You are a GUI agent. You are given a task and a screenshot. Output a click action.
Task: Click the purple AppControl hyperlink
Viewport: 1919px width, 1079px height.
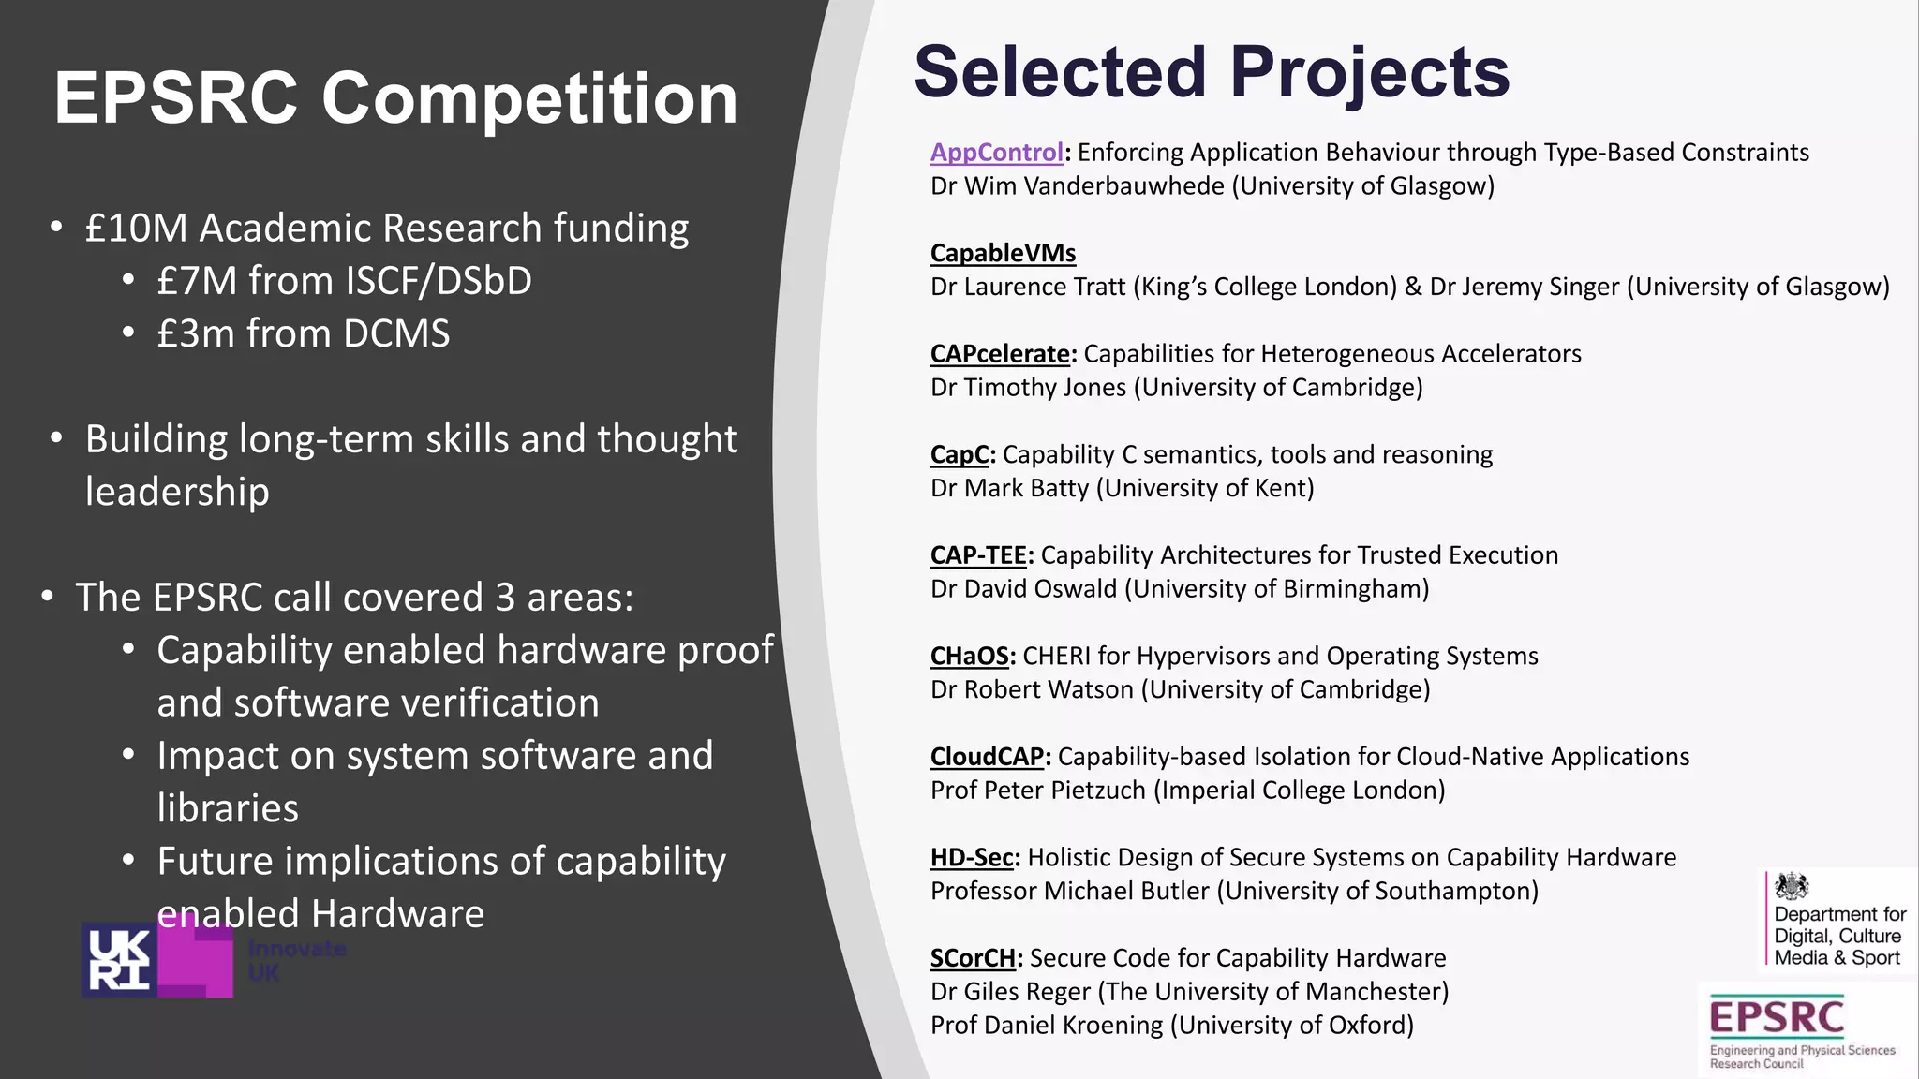click(996, 153)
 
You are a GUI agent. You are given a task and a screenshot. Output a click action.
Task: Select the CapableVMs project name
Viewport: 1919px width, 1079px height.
click(1003, 253)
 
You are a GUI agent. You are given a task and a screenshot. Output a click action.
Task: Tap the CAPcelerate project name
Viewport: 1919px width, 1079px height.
click(999, 354)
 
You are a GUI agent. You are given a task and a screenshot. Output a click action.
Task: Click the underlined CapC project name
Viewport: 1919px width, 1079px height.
click(959, 454)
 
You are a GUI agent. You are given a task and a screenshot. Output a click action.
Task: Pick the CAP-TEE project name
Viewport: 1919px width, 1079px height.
click(978, 555)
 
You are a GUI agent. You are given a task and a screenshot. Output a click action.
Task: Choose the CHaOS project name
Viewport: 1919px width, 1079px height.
click(969, 656)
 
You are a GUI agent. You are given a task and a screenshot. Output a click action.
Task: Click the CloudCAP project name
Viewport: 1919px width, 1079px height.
click(987, 757)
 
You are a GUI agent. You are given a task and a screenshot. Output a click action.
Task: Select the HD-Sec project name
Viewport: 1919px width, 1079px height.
click(972, 857)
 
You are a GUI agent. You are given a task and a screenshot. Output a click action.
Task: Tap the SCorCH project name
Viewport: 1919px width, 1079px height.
click(973, 958)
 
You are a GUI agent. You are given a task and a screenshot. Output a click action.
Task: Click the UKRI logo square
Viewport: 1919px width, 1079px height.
click(119, 960)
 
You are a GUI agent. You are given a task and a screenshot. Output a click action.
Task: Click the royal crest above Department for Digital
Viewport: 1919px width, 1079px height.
click(1792, 886)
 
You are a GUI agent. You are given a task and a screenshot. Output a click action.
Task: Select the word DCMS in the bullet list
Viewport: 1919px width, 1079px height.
click(396, 334)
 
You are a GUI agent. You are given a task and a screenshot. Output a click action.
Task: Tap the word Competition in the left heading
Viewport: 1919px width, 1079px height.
click(529, 98)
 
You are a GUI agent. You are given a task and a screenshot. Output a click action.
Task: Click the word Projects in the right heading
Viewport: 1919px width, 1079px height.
click(1369, 72)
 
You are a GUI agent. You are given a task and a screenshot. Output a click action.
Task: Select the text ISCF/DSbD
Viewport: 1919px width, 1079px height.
click(439, 281)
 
